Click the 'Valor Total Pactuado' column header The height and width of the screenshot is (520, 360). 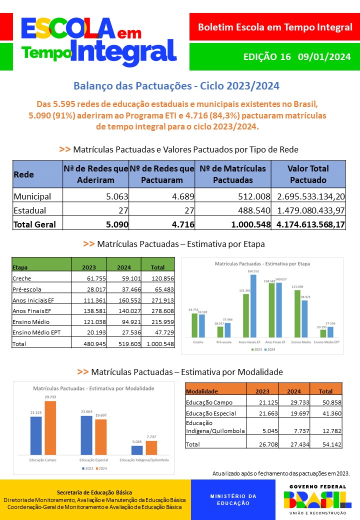(x=308, y=174)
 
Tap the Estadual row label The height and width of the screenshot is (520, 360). (x=30, y=210)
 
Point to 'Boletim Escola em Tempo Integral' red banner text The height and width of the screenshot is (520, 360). (x=275, y=27)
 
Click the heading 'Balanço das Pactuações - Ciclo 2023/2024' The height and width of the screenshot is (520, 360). (x=176, y=86)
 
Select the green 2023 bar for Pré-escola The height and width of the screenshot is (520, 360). (x=220, y=331)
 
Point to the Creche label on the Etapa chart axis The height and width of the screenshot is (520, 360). (x=198, y=342)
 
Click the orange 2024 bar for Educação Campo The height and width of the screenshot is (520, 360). (x=50, y=427)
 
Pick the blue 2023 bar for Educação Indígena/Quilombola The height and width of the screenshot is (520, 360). (x=137, y=449)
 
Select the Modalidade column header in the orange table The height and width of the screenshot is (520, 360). (x=201, y=391)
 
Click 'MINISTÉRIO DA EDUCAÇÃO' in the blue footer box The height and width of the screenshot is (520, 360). (x=233, y=499)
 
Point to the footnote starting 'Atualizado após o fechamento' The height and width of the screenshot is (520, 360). (x=281, y=473)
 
